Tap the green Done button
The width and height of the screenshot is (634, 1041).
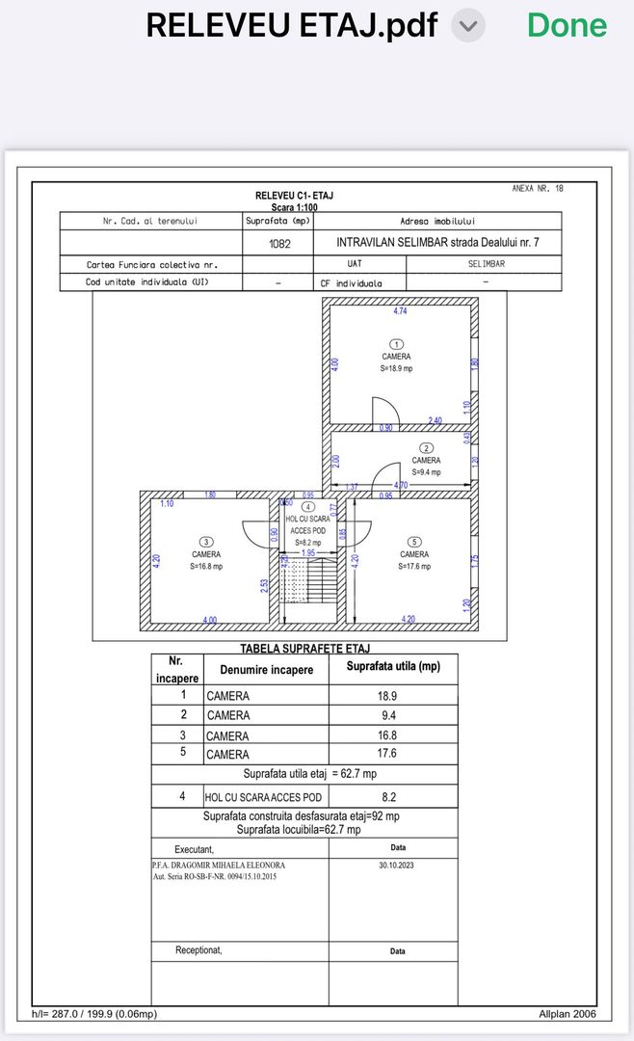click(568, 26)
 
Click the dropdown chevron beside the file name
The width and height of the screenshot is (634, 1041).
click(468, 27)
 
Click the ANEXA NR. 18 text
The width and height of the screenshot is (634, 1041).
click(538, 189)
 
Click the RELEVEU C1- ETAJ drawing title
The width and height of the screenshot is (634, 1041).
click(295, 196)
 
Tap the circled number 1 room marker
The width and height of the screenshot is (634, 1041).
click(396, 344)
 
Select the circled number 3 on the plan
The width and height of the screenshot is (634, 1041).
click(205, 542)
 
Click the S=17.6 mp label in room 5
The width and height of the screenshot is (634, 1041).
click(414, 566)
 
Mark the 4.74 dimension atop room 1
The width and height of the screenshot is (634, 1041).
click(400, 312)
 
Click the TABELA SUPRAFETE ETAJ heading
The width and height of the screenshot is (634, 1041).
click(304, 649)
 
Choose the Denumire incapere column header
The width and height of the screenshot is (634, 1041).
click(266, 670)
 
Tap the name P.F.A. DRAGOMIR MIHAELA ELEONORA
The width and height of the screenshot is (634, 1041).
click(219, 866)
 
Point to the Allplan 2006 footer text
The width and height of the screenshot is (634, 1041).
click(568, 1013)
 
